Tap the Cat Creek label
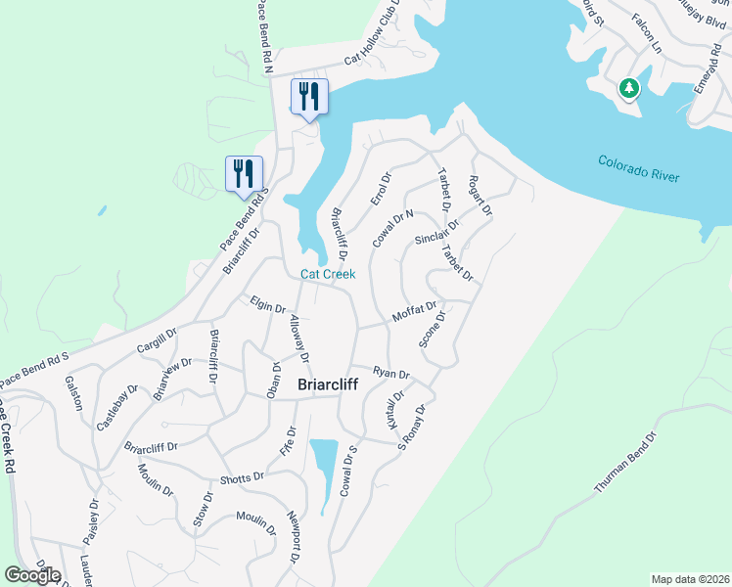tap(327, 275)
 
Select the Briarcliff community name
tap(314, 384)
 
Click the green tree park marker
tap(628, 90)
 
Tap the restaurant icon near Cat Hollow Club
tap(309, 97)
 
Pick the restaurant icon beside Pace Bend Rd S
tap(242, 174)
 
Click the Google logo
tap(32, 574)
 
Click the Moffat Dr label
tap(413, 313)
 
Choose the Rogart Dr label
tap(480, 196)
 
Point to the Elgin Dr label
tap(267, 305)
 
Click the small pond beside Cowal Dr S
tap(323, 471)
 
